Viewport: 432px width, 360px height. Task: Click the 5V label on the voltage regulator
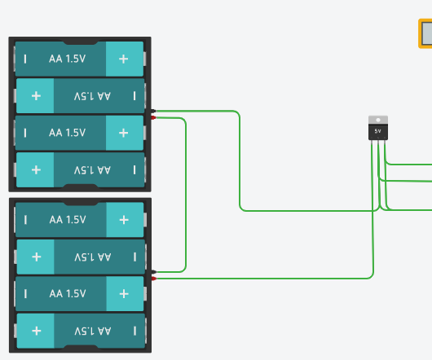[377, 130]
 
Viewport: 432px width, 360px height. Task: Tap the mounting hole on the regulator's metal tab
[377, 120]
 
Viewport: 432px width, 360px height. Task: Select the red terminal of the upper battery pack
[152, 118]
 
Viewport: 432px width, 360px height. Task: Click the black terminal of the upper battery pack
[152, 111]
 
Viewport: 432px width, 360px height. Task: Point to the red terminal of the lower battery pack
[152, 279]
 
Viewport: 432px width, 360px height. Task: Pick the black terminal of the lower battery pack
[152, 271]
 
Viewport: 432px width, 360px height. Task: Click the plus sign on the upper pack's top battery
[123, 59]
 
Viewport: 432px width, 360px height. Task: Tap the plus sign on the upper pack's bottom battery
[36, 169]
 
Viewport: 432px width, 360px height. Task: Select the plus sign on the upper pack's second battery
[36, 96]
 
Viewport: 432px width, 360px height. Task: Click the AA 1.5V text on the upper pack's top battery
[67, 59]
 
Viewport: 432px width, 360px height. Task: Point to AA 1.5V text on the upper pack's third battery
[67, 132]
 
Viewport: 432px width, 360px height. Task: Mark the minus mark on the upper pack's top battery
[25, 59]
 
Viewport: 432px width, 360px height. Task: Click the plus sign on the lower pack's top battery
[123, 220]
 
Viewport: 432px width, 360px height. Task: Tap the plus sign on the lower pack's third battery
[123, 293]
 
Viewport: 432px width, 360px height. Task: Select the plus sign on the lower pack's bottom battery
[36, 331]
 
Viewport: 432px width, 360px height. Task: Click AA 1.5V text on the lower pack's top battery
[67, 220]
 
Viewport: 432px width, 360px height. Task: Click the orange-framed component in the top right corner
[425, 34]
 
